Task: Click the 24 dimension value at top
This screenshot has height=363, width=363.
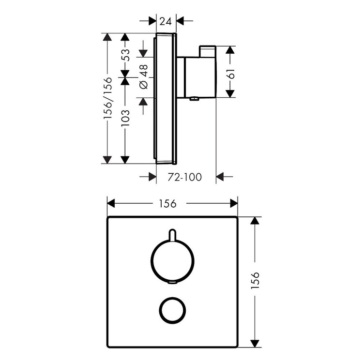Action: [x=166, y=21]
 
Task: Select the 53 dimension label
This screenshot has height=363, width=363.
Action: [x=125, y=54]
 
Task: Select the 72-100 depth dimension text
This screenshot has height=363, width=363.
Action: [x=184, y=177]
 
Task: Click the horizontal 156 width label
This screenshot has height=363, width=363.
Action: [x=172, y=203]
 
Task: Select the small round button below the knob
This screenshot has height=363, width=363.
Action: [x=172, y=310]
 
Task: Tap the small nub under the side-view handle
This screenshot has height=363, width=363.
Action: [x=194, y=100]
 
